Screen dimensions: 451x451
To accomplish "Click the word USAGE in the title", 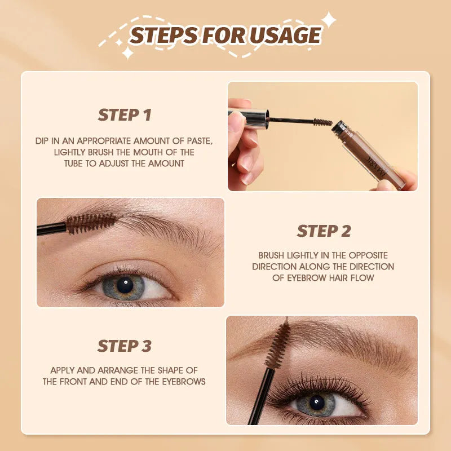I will [x=286, y=36].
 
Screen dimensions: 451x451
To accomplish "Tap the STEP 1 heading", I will [x=125, y=115].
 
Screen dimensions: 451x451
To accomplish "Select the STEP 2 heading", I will [x=324, y=231].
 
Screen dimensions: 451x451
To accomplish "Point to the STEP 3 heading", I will [x=125, y=346].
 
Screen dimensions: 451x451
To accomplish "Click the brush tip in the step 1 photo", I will [x=322, y=121].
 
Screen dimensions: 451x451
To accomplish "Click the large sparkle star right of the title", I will [x=328, y=21].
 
